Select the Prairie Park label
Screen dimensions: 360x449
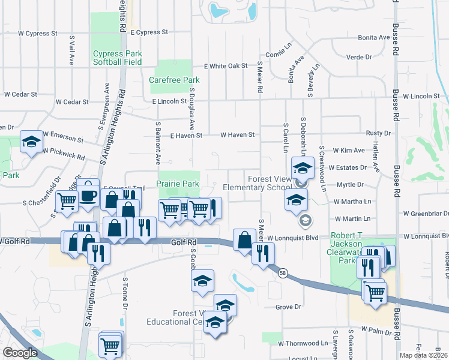click(x=178, y=184)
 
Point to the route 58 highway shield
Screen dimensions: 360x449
click(x=283, y=272)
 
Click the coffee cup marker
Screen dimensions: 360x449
click(x=88, y=195)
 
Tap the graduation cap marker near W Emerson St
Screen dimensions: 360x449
click(x=31, y=142)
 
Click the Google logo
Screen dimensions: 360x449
click(x=20, y=353)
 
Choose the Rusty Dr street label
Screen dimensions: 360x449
click(x=378, y=133)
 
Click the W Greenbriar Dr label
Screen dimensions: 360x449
click(x=426, y=213)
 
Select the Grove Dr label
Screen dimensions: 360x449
click(x=288, y=307)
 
